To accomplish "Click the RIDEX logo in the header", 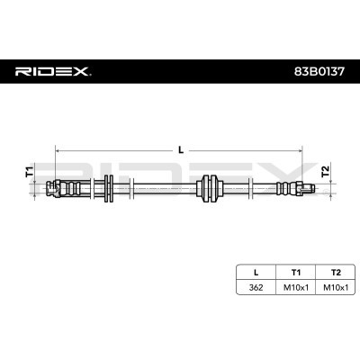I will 53,69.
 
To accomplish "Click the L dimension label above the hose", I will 180,150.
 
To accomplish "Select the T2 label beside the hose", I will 328,171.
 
